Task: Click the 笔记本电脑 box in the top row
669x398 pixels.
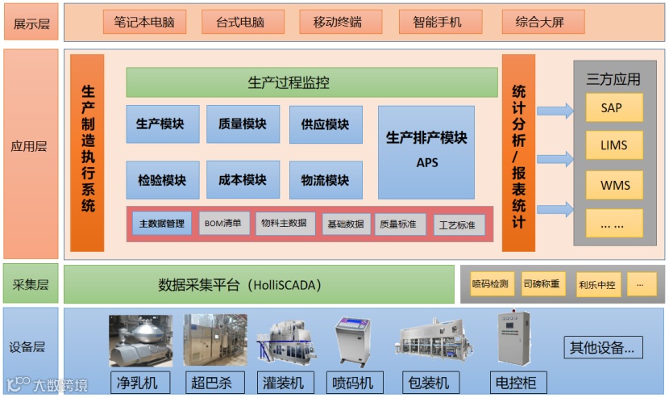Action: point(144,22)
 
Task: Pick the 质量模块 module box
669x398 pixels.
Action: point(243,124)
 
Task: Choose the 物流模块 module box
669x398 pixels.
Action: point(325,179)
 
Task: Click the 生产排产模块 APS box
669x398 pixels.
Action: point(426,151)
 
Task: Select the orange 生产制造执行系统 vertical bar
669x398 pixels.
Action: point(87,152)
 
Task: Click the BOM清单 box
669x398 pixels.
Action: point(222,223)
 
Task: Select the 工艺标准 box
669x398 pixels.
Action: point(456,224)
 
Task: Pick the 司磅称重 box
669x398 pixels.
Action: point(541,284)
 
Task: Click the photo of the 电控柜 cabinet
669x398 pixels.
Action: point(514,339)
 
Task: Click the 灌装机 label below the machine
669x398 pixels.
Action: point(284,382)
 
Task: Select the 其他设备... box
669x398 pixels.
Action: point(602,348)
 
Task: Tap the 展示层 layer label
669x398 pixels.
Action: point(31,23)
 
